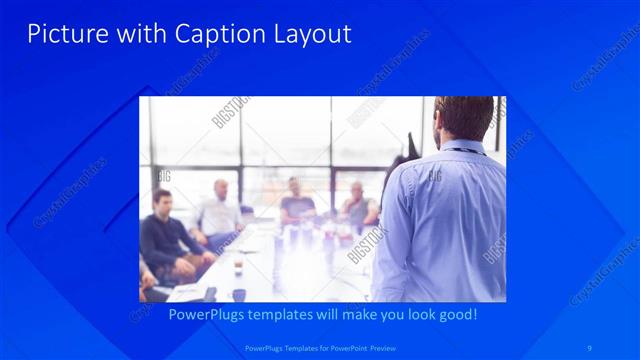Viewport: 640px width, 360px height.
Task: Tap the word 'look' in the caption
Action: tap(406, 314)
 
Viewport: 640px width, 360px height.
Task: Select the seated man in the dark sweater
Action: tap(162, 235)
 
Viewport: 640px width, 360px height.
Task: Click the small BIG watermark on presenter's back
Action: tap(436, 176)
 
